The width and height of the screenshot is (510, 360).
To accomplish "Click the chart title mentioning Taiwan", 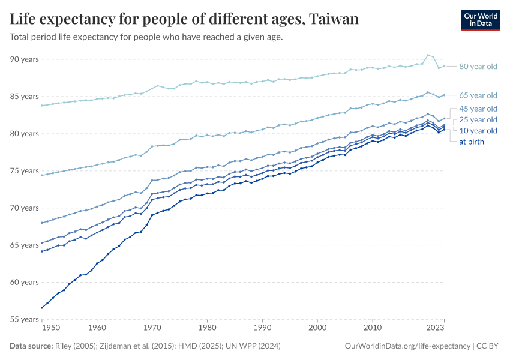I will [184, 19].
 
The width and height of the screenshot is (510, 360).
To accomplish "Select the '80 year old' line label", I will [478, 67].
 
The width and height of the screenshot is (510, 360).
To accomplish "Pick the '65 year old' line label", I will [478, 95].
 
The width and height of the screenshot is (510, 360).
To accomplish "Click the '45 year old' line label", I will [478, 109].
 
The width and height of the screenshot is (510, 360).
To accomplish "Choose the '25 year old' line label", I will [478, 119].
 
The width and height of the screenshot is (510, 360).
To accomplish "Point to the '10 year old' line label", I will [478, 130].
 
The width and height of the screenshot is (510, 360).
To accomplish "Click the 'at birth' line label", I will [471, 142].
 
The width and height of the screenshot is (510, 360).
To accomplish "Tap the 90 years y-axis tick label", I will [24, 59].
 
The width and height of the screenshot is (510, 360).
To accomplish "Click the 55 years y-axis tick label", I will [24, 319].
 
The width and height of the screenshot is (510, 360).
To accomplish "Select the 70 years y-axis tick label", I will [24, 208].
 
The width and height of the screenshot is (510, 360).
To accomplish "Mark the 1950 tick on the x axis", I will [51, 328].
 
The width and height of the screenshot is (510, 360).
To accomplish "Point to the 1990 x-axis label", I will [262, 328].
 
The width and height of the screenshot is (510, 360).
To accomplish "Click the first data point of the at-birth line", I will [42, 308].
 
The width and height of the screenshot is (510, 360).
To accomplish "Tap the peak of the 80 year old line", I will [427, 55].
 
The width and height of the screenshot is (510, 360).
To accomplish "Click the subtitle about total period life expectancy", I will [146, 37].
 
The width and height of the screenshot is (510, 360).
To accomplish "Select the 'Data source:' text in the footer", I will [30, 346].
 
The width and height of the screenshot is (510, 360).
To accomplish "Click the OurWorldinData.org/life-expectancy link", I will [408, 346].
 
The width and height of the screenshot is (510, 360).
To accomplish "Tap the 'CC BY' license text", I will [488, 346].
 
